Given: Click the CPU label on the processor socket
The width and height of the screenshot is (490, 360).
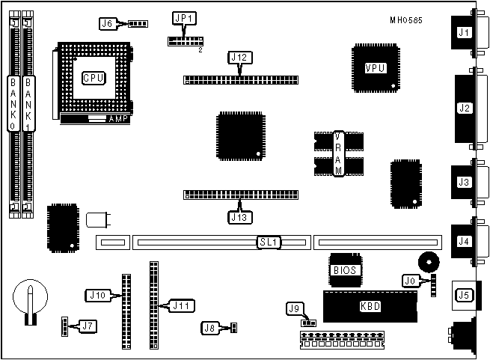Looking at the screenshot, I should click(x=93, y=77).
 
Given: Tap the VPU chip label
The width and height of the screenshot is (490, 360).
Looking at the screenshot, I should click(x=375, y=68).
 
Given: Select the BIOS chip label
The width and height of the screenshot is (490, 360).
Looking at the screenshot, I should click(x=345, y=269).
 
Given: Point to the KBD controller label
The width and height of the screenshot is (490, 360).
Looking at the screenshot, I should click(x=369, y=305).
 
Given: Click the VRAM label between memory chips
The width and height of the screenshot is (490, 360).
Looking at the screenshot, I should click(x=337, y=153).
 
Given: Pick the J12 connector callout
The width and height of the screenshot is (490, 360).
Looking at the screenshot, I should click(x=239, y=57).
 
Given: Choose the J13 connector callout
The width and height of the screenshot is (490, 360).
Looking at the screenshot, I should click(x=239, y=217).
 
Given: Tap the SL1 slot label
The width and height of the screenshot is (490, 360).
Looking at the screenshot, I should click(x=268, y=242).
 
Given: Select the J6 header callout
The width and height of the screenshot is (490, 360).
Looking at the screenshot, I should click(x=108, y=23).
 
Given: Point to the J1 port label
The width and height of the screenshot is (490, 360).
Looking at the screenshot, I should click(x=465, y=32).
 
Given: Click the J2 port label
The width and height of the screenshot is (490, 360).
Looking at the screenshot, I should click(x=465, y=108).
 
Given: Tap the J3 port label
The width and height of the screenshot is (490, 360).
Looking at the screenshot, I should click(x=465, y=182).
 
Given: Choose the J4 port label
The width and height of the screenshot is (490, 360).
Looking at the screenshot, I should click(x=465, y=241).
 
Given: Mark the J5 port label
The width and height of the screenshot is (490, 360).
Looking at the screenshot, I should click(x=464, y=295).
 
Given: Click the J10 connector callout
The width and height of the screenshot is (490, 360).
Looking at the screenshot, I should click(x=98, y=295).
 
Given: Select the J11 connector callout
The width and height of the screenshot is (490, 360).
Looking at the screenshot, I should click(x=180, y=305).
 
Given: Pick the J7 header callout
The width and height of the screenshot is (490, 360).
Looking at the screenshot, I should click(x=87, y=326).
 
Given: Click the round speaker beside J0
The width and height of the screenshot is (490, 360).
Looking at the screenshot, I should click(x=429, y=261).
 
